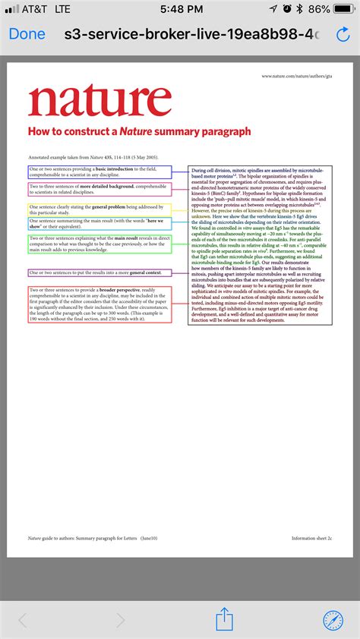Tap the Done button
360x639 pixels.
[x=27, y=34]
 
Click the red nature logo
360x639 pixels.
[x=100, y=100]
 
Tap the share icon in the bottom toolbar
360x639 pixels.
[x=224, y=619]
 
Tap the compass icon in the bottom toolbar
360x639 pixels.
[x=333, y=619]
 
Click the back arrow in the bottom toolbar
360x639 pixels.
[x=23, y=620]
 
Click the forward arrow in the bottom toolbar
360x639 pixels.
[x=120, y=620]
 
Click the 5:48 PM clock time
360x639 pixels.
[x=180, y=9]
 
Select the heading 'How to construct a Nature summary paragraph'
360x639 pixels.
[x=139, y=131]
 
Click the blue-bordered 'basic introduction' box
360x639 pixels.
[x=99, y=172]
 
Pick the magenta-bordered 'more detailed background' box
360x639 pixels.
[x=99, y=189]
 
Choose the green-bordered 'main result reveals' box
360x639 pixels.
[x=99, y=244]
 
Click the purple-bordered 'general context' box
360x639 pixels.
[x=99, y=272]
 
